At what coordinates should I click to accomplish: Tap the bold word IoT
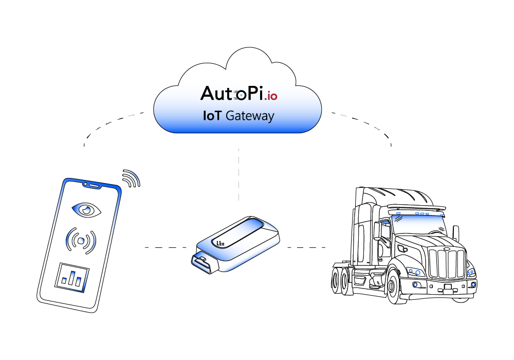point(213,116)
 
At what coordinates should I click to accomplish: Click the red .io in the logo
point(270,96)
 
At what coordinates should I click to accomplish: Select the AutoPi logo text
point(232,93)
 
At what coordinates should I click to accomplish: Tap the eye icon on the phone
point(86,209)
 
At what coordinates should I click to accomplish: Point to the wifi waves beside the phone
point(131,178)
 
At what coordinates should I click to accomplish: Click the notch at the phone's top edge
point(91,183)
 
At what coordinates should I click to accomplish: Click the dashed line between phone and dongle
point(164,247)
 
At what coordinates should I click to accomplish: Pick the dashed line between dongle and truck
point(306,247)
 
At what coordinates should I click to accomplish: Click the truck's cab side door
point(383,242)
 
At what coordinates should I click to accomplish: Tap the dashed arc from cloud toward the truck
point(370,123)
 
